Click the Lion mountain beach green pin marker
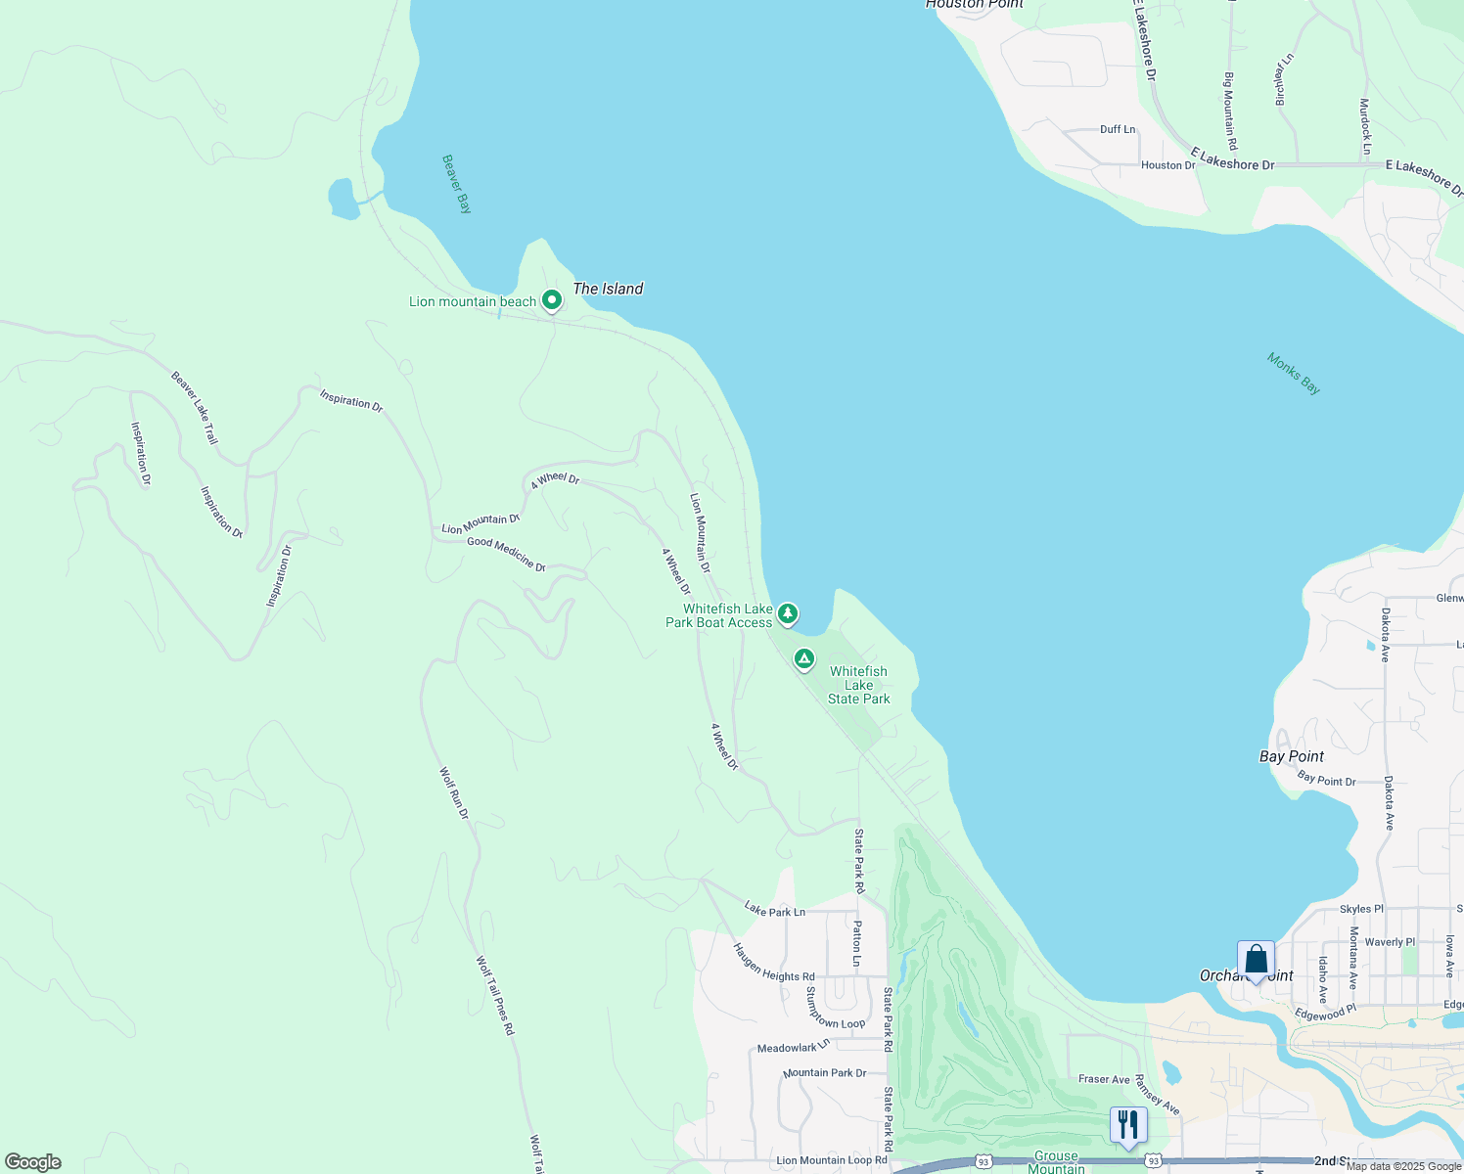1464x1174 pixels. coord(552,300)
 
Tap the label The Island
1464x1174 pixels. coord(608,289)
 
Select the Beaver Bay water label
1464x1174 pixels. coord(457,184)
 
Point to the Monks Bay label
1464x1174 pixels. coord(1294,374)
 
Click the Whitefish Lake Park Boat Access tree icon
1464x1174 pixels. coord(788,614)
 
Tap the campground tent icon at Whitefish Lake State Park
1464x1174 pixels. coord(804,659)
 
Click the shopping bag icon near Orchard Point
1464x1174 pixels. coord(1256,960)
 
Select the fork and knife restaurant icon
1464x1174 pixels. coord(1128,1125)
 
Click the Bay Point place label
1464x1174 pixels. coord(1291,756)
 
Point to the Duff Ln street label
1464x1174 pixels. coord(1118,129)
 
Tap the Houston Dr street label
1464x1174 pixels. coord(1167,165)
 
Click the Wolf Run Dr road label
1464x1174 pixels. coord(454,793)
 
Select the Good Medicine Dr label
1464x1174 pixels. coord(506,554)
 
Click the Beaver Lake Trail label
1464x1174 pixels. coord(195,408)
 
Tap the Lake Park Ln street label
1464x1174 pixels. coord(774,910)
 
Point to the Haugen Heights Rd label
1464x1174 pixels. coord(774,963)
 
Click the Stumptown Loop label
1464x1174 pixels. coord(835,1008)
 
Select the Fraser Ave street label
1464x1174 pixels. coord(1104,1079)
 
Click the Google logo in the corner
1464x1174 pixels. coord(32,1162)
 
